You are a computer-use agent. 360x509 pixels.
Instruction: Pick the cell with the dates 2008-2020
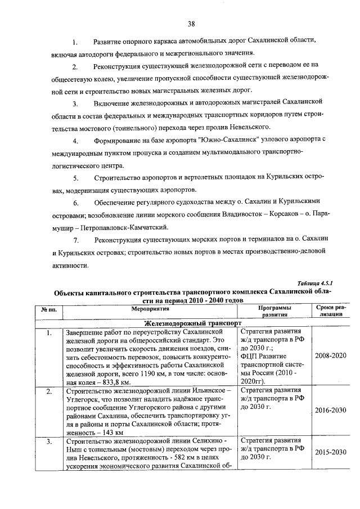coord(330,357)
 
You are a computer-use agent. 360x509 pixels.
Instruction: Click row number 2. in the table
coord(49,390)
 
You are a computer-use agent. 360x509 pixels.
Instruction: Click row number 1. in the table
coord(49,333)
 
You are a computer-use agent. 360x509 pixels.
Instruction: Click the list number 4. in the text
coord(75,139)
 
